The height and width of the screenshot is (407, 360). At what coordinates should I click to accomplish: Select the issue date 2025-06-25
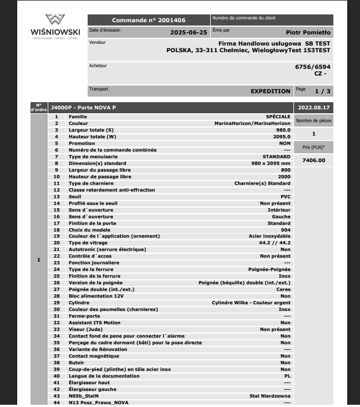(x=189, y=32)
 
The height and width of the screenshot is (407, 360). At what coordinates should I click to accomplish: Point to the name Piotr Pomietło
(x=308, y=32)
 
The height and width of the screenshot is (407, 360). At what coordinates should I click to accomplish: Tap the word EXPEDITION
(x=270, y=91)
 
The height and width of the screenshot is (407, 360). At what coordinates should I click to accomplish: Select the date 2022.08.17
(x=313, y=107)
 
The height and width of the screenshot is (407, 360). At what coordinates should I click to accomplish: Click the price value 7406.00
(x=313, y=160)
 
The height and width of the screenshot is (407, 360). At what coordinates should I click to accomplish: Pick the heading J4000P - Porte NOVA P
(x=83, y=107)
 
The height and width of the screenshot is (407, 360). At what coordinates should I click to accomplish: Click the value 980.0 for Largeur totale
(x=283, y=130)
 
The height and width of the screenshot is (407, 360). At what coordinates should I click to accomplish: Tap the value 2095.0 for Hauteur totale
(x=281, y=137)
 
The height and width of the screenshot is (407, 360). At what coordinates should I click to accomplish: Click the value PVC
(x=285, y=197)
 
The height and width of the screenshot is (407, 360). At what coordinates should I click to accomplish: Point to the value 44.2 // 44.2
(x=275, y=243)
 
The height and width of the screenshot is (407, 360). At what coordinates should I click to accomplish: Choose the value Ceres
(x=283, y=289)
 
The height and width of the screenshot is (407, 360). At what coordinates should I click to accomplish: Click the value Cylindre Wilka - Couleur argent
(x=251, y=303)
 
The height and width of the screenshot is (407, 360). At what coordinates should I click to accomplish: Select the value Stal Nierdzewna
(x=270, y=396)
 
